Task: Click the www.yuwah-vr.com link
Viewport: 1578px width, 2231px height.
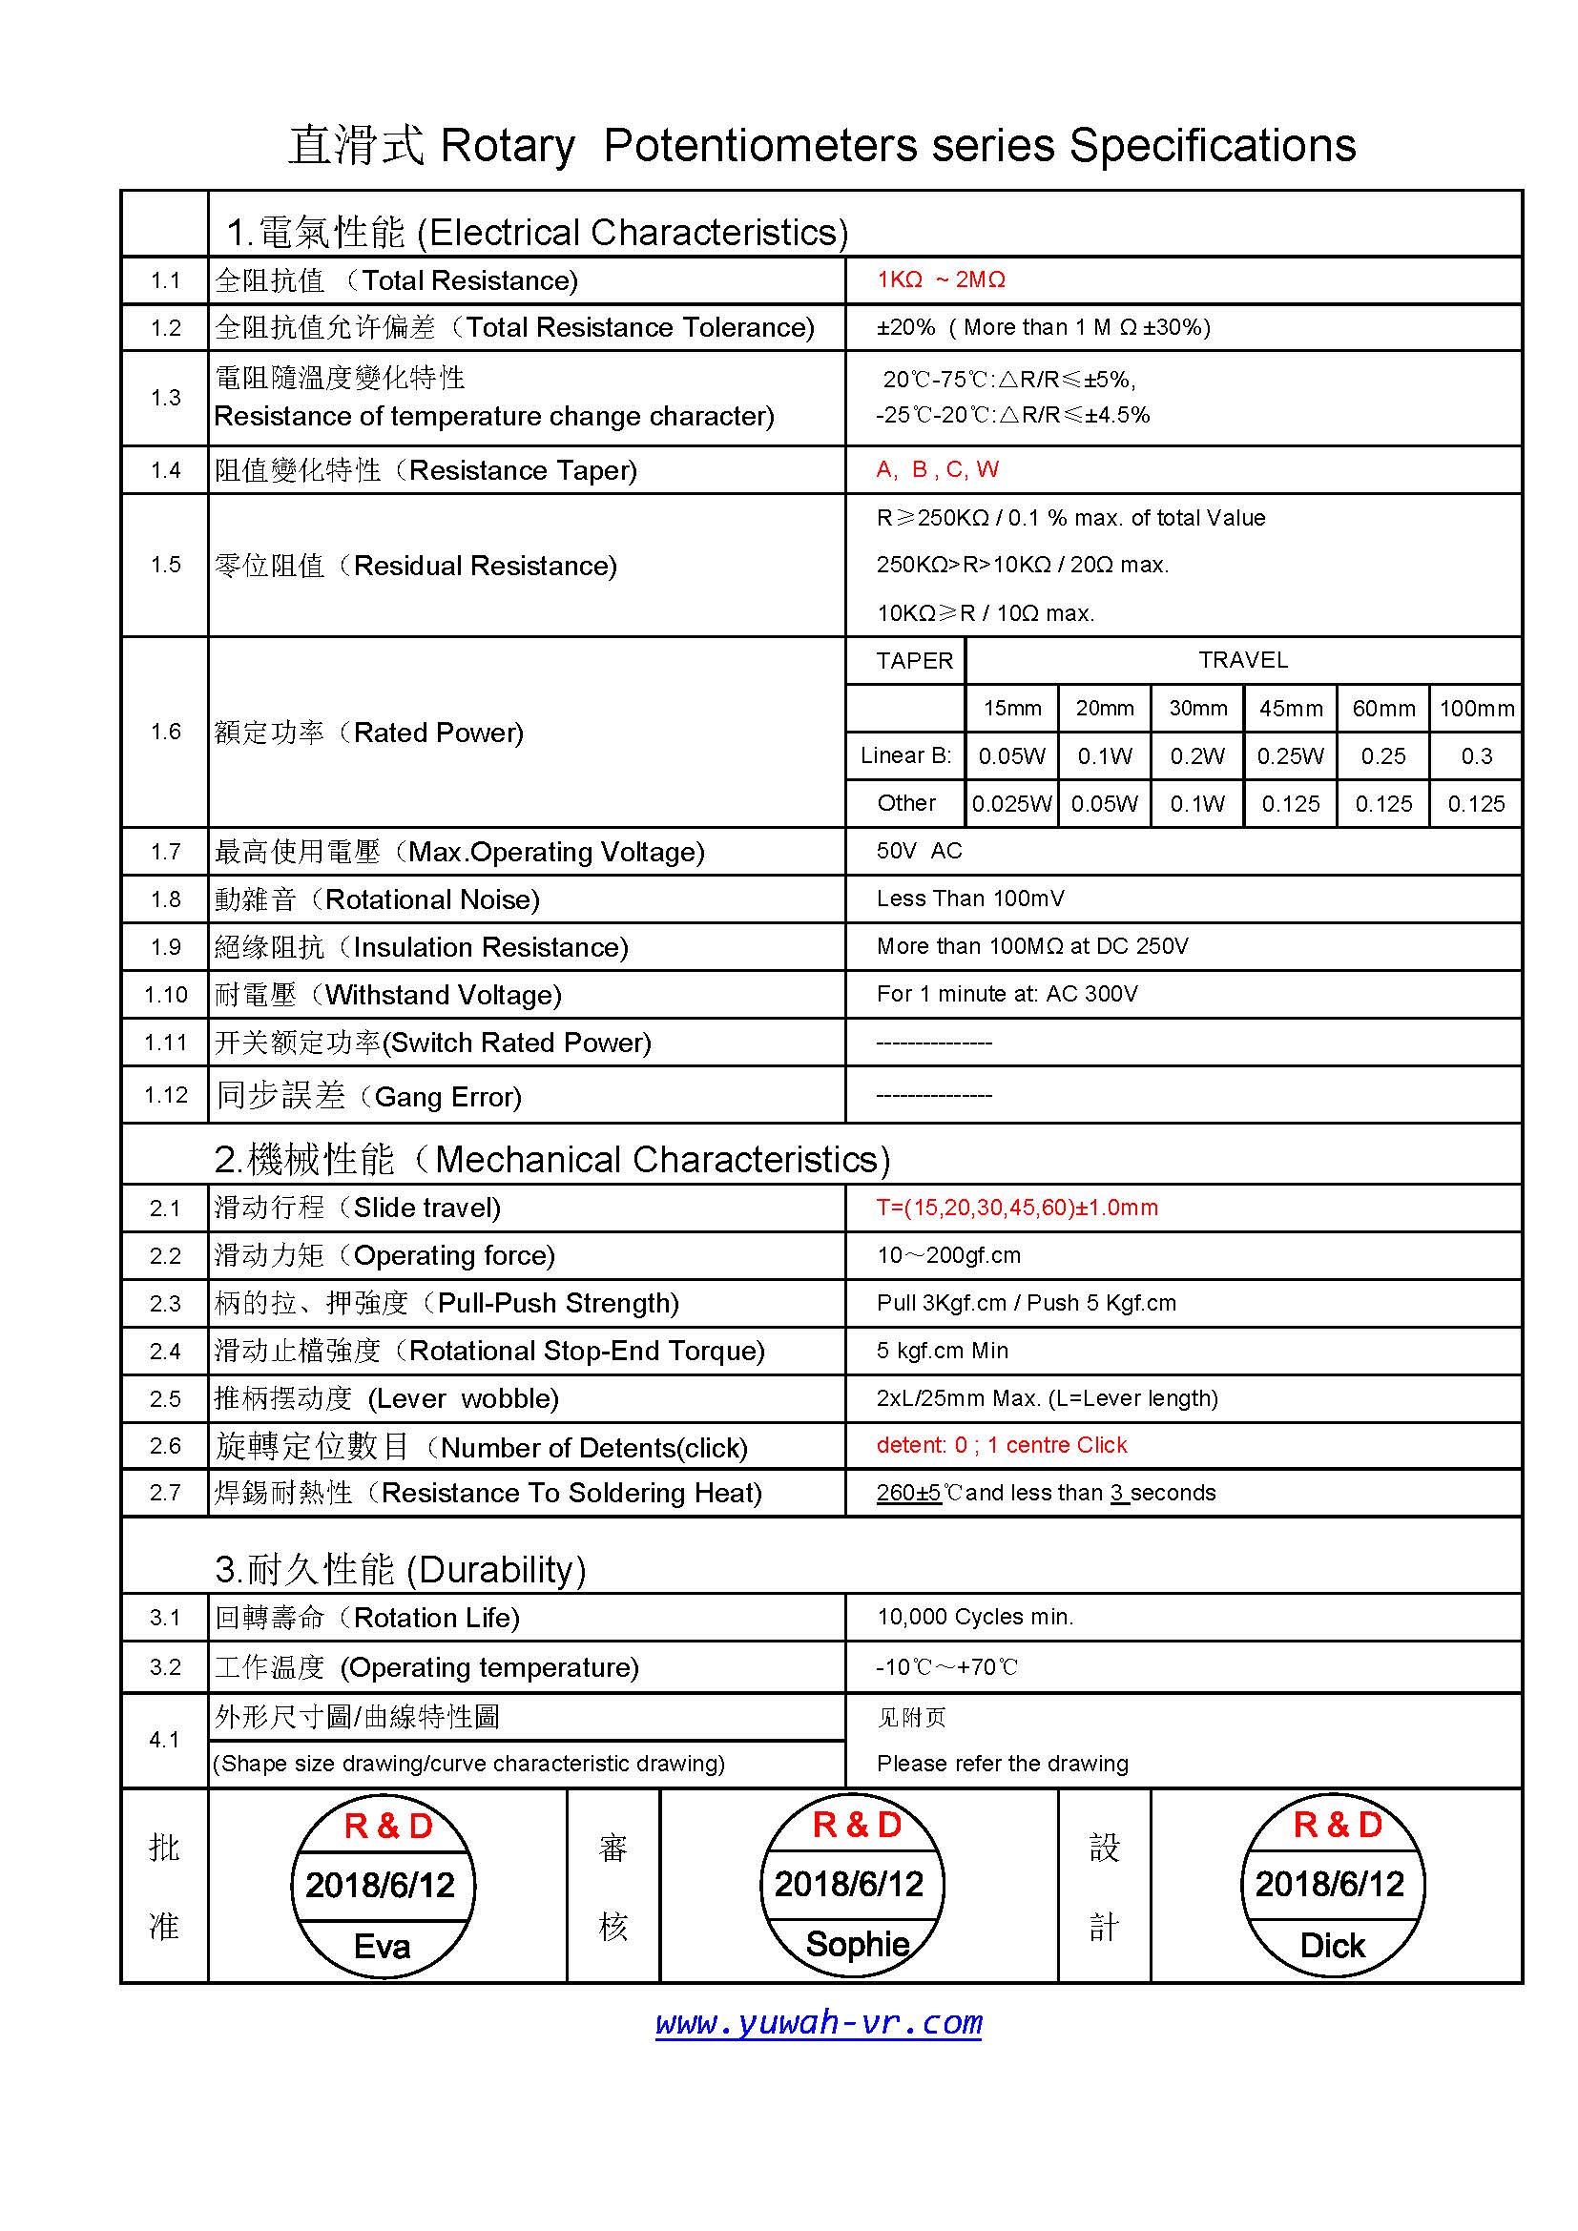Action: pos(819,2022)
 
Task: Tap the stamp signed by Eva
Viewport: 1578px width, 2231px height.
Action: pos(382,1885)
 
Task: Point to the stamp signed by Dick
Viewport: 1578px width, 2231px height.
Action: pos(1331,1884)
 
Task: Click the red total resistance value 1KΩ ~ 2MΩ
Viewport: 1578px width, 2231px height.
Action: pos(941,279)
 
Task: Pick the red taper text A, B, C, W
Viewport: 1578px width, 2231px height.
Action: pos(937,469)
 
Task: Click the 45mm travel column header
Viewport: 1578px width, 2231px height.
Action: pos(1291,709)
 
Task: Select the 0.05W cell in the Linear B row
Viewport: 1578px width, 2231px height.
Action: pos(1011,756)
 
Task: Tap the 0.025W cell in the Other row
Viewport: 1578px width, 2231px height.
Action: pos(1011,803)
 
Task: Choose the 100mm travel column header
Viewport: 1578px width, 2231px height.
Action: pos(1476,709)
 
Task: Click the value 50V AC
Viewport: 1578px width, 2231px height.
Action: pos(918,851)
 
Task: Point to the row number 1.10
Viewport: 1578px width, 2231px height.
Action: pos(165,995)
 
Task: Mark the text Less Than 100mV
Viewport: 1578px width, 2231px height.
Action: pos(969,899)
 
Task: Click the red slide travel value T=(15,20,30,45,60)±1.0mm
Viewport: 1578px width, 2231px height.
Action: pos(1016,1208)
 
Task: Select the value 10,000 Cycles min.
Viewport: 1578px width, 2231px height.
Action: pos(975,1617)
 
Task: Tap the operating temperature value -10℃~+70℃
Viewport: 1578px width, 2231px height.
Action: pos(946,1667)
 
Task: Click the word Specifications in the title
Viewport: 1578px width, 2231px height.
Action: pos(1212,146)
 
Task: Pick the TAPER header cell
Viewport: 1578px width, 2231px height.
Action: pos(913,661)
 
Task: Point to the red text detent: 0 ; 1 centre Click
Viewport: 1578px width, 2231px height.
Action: pos(1001,1445)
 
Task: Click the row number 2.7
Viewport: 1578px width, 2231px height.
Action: pos(165,1493)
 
